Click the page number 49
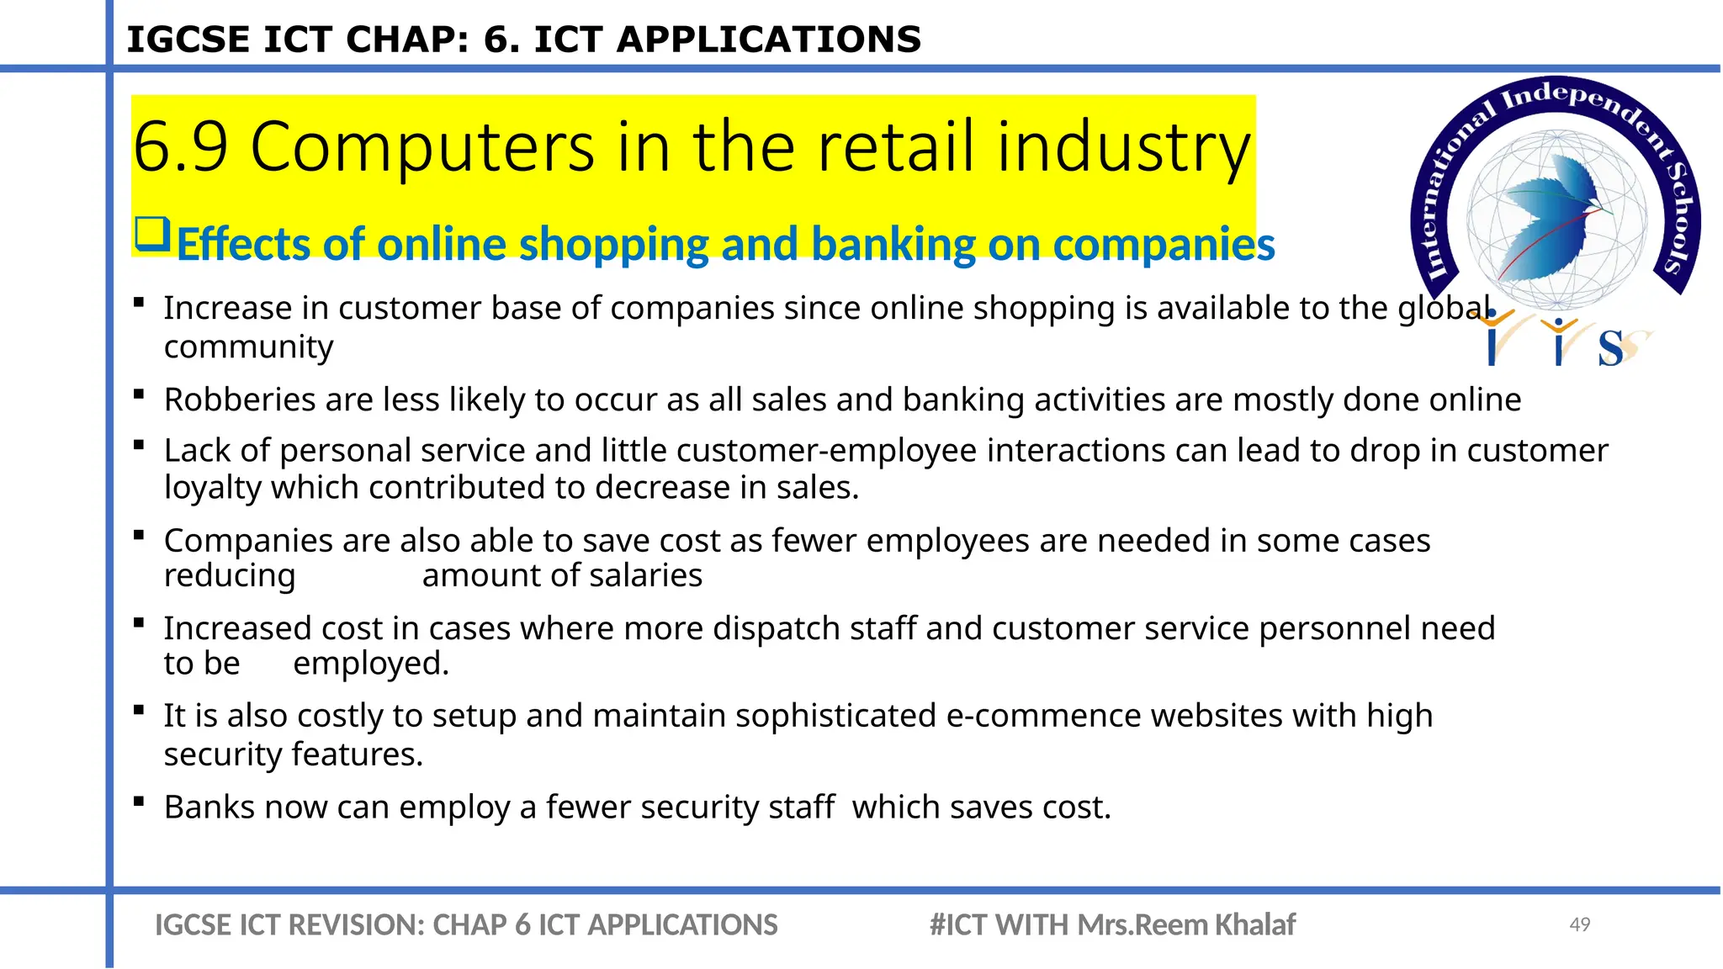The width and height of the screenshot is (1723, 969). pyautogui.click(x=1579, y=924)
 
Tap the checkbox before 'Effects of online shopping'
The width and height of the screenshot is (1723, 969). pyautogui.click(x=152, y=234)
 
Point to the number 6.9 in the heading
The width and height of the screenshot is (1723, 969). pyautogui.click(x=181, y=147)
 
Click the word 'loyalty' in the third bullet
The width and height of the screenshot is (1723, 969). pyautogui.click(x=212, y=489)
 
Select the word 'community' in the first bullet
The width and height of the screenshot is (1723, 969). pyautogui.click(x=248, y=347)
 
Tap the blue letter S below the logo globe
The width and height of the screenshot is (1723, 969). pyautogui.click(x=1610, y=348)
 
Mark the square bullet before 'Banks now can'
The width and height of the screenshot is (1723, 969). pyautogui.click(x=139, y=802)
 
